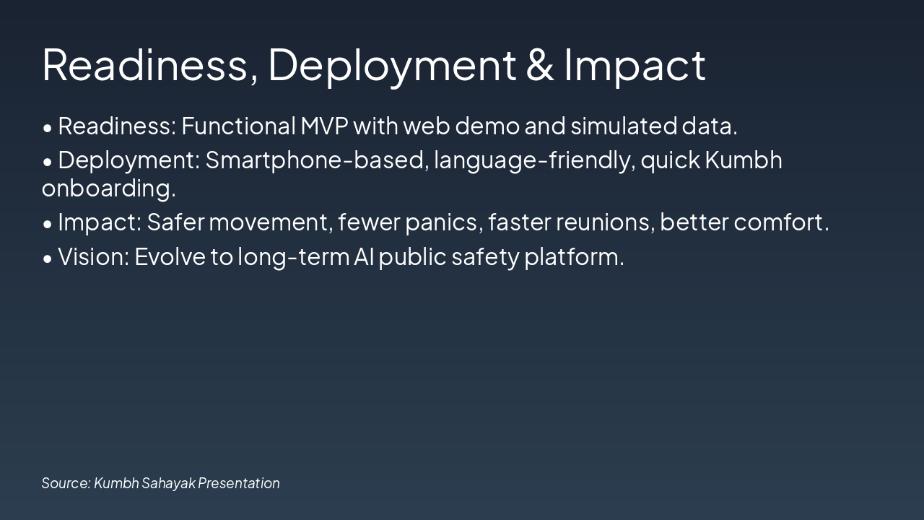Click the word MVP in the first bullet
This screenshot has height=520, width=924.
click(x=324, y=126)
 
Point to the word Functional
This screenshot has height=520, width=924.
click(x=238, y=126)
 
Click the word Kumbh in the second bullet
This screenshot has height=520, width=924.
click(x=744, y=160)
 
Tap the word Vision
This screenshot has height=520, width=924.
click(x=93, y=256)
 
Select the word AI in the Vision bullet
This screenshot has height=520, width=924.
click(x=363, y=256)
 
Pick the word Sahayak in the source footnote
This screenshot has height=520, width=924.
click(x=168, y=483)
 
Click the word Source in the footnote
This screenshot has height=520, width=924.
click(x=66, y=483)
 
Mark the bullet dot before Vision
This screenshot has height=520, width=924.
click(x=48, y=258)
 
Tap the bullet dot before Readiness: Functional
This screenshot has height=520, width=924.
click(x=48, y=128)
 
